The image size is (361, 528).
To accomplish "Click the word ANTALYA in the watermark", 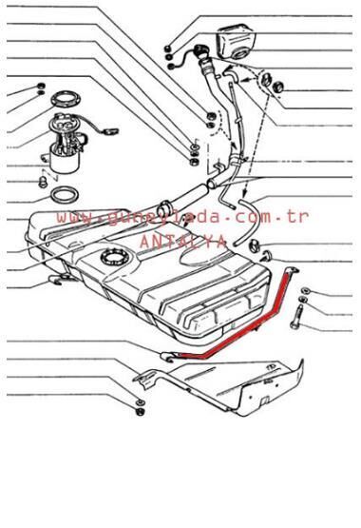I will click(x=182, y=242).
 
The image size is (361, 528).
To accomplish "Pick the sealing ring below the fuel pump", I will click(x=64, y=197).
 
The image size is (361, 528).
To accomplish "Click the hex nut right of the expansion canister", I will click(x=279, y=88).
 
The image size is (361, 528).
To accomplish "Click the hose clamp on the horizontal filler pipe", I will click(x=162, y=207).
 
